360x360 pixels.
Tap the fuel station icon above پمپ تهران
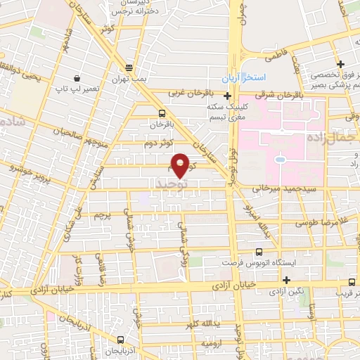tap(129, 68)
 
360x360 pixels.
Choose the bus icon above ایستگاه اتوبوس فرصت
tap(259, 251)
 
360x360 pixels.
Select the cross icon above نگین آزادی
tap(286, 281)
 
